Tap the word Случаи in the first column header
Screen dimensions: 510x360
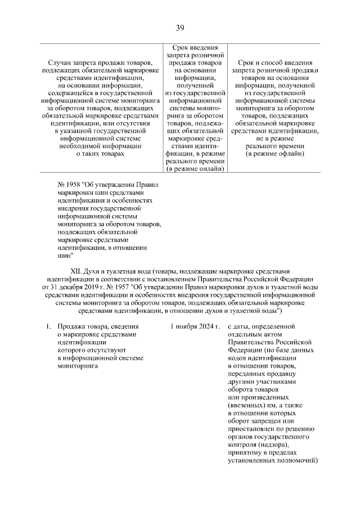61,61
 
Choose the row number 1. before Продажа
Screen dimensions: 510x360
49,326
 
